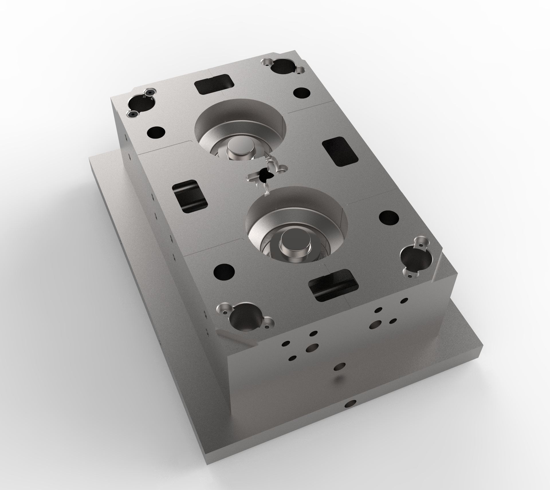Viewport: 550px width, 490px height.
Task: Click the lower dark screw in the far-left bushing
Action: pos(132,114)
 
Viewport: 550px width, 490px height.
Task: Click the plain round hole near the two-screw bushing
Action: pos(156,133)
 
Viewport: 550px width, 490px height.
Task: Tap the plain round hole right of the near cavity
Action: pos(388,218)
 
